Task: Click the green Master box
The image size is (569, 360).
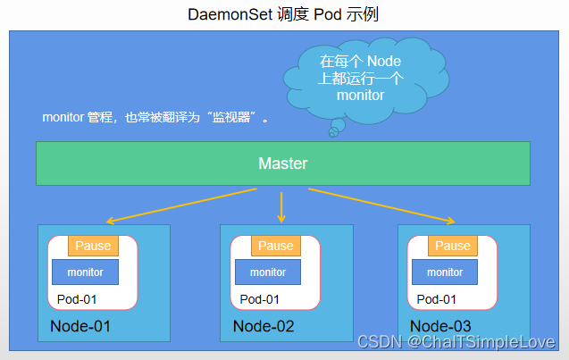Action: pyautogui.click(x=282, y=163)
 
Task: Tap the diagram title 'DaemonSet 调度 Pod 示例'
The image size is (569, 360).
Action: pyautogui.click(x=283, y=15)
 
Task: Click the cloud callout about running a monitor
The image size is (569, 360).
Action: pyautogui.click(x=360, y=79)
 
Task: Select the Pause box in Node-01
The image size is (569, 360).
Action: pyautogui.click(x=93, y=246)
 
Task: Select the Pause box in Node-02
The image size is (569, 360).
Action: pyautogui.click(x=275, y=246)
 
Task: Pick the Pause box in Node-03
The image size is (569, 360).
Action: pyautogui.click(x=452, y=246)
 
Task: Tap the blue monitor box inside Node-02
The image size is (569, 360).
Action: pyautogui.click(x=268, y=272)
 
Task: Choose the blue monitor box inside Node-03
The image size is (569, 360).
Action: pyautogui.click(x=445, y=272)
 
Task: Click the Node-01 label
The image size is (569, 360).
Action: pyautogui.click(x=80, y=326)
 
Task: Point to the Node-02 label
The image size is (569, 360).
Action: pyautogui.click(x=263, y=326)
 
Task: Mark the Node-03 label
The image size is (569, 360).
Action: pyautogui.click(x=440, y=326)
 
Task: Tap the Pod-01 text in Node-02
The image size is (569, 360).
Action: pyautogui.click(x=259, y=299)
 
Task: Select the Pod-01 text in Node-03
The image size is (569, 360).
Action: pyautogui.click(x=436, y=299)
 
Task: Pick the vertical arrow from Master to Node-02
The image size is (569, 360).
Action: pyautogui.click(x=281, y=205)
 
